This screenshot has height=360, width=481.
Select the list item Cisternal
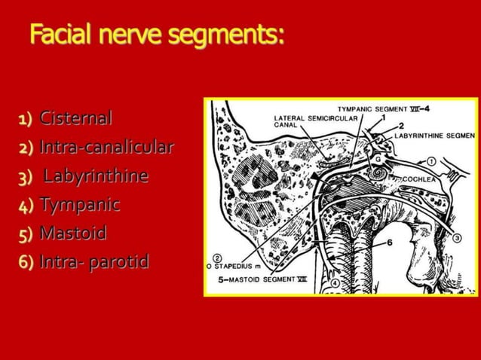(76, 118)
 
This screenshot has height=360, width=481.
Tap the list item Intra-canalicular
(106, 147)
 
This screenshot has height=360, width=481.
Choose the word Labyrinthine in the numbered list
(95, 176)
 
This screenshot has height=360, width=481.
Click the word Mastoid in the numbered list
(73, 233)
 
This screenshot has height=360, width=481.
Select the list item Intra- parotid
(94, 262)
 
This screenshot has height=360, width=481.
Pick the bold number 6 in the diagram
(391, 243)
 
